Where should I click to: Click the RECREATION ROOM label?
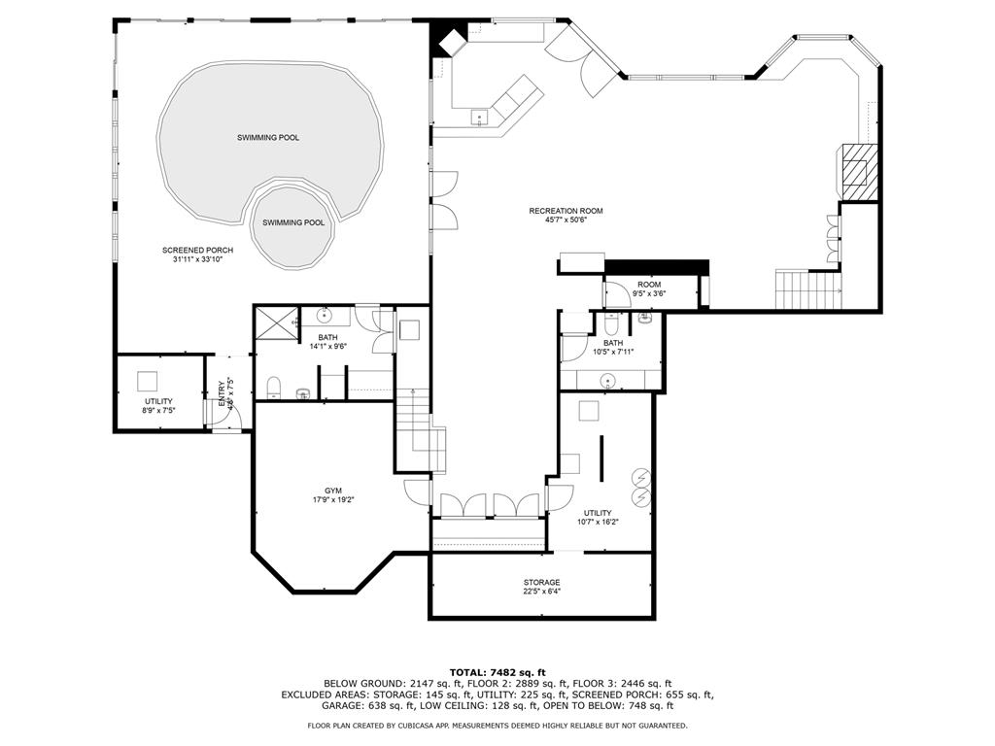click(566, 211)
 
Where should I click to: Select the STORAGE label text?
click(541, 582)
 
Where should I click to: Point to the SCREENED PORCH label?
click(197, 251)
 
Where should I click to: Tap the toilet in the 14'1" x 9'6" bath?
click(274, 388)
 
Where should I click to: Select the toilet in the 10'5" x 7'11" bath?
click(612, 323)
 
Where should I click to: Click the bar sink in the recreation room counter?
click(478, 118)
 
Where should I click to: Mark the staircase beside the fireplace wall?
click(806, 288)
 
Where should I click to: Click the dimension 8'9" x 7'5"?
click(158, 410)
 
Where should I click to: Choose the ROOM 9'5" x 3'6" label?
click(649, 288)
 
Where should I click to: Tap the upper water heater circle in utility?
click(641, 477)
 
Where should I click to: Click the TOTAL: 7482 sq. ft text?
click(497, 672)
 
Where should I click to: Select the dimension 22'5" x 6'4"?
click(541, 591)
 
